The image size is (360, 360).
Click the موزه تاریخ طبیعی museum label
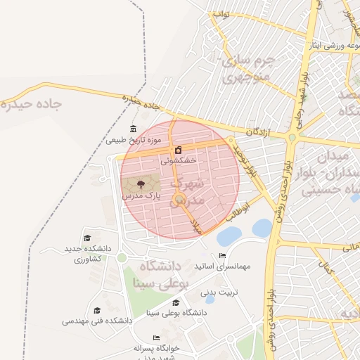(x=134, y=140)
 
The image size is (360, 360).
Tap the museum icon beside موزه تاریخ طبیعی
(x=134, y=128)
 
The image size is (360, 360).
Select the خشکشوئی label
(x=178, y=160)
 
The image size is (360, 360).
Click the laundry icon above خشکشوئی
(x=179, y=150)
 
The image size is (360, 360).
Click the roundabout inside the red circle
(x=179, y=199)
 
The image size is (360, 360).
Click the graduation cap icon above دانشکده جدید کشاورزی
(x=87, y=238)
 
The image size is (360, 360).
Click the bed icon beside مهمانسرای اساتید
(x=222, y=255)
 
